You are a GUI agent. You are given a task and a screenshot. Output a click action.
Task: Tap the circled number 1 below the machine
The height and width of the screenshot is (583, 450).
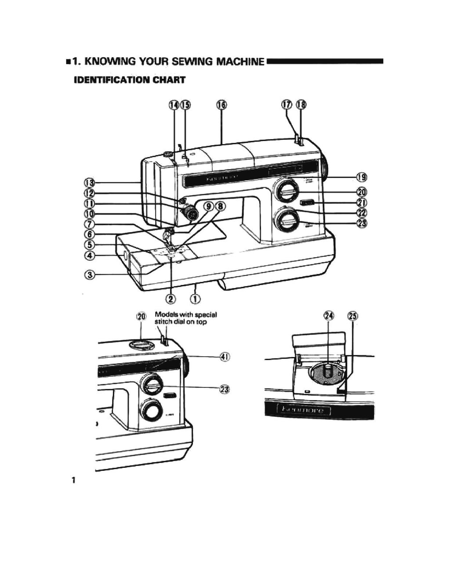pyautogui.click(x=196, y=299)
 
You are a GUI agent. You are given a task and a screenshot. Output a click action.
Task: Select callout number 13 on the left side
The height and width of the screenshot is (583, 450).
pyautogui.click(x=90, y=182)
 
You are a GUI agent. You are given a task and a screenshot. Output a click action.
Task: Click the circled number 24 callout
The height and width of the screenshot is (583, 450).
pyautogui.click(x=329, y=316)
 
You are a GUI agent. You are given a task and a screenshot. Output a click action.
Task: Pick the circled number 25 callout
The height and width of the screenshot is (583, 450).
pyautogui.click(x=353, y=316)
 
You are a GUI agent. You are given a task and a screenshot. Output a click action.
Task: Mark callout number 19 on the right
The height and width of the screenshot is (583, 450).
pyautogui.click(x=362, y=177)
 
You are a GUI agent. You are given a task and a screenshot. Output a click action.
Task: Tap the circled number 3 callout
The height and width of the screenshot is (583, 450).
pyautogui.click(x=90, y=275)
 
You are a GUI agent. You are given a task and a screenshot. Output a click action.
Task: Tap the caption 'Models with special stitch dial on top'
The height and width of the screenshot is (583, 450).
pyautogui.click(x=185, y=318)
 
